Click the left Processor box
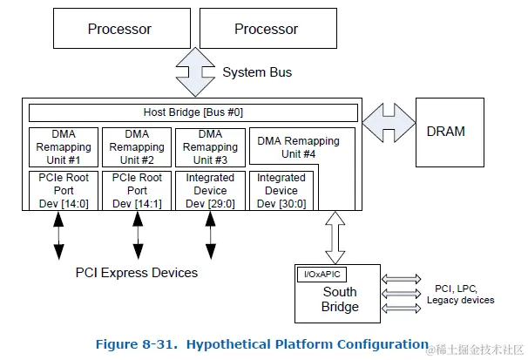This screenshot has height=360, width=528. (119, 30)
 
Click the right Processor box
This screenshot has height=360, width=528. (266, 30)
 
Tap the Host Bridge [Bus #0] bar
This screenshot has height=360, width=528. (193, 112)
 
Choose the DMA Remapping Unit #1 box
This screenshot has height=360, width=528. (64, 147)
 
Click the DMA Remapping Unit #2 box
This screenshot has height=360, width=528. (137, 147)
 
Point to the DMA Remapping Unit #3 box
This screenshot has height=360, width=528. (210, 147)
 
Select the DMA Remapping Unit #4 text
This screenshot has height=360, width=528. (299, 147)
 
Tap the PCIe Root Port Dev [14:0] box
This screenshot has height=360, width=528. (64, 190)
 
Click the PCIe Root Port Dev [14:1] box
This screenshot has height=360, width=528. (137, 190)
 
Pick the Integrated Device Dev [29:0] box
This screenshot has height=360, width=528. (210, 190)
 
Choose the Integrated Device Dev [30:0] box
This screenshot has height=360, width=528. (281, 190)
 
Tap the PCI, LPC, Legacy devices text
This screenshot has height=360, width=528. (460, 294)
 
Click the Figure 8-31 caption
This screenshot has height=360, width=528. (261, 343)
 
